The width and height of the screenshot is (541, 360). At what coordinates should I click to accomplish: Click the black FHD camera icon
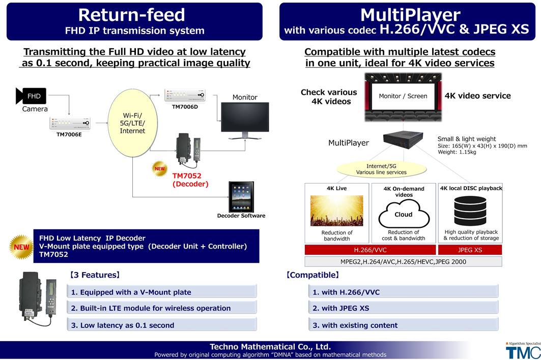click(x=31, y=96)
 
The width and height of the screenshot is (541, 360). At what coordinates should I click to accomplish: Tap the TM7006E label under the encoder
click(x=69, y=134)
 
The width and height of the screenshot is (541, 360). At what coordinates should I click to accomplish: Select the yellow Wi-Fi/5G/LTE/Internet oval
click(x=132, y=123)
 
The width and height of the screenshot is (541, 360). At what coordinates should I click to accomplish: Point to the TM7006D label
click(x=185, y=107)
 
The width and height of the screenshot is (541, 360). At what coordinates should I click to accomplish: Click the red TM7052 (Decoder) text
click(x=190, y=179)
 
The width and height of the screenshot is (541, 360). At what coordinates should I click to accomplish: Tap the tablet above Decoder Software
click(x=241, y=197)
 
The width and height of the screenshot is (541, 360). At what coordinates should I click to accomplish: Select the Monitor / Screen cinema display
click(x=403, y=97)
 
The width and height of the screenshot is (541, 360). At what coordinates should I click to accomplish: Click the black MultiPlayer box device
click(x=403, y=140)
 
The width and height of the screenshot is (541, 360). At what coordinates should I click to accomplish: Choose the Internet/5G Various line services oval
click(x=381, y=169)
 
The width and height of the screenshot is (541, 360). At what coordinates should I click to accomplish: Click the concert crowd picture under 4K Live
click(x=337, y=211)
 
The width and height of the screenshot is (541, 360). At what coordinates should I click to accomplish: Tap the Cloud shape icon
click(x=404, y=214)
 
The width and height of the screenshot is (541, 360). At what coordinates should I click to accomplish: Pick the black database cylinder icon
click(x=470, y=211)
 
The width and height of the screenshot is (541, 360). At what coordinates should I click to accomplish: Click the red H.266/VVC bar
click(x=370, y=250)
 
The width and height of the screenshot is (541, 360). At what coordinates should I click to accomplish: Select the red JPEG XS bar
click(x=470, y=250)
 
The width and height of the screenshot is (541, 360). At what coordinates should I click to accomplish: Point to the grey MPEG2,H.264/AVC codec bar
click(x=404, y=262)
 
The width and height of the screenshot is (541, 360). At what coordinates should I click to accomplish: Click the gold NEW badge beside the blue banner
click(x=21, y=247)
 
